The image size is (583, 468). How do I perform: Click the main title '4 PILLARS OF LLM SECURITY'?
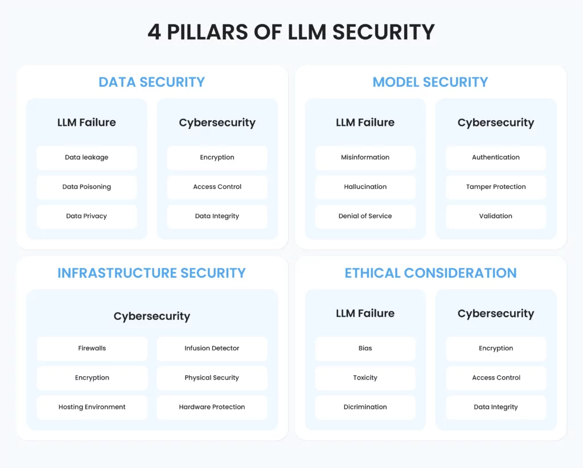291,32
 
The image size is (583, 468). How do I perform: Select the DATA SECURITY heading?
151,82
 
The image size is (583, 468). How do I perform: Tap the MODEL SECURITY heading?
430,82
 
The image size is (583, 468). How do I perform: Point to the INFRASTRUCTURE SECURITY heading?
151,273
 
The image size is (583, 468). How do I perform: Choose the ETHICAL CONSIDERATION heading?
430,273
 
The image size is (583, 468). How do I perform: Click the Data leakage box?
87,157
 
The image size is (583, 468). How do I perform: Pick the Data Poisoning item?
87,187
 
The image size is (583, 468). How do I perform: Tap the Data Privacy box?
87,216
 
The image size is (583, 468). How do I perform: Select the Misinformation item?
365,157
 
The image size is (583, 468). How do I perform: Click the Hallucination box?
365,187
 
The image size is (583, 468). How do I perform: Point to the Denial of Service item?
365,216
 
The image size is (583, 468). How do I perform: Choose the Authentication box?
496,157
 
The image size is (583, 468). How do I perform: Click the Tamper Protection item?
496,187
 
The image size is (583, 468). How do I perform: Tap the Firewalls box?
92,348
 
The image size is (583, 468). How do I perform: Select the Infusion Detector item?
212,348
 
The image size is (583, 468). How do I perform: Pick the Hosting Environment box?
92,408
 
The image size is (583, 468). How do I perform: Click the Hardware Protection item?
212,408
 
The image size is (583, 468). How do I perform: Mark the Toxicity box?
365,378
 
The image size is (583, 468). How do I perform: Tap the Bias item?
365,348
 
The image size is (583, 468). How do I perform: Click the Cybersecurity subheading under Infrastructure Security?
151,316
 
